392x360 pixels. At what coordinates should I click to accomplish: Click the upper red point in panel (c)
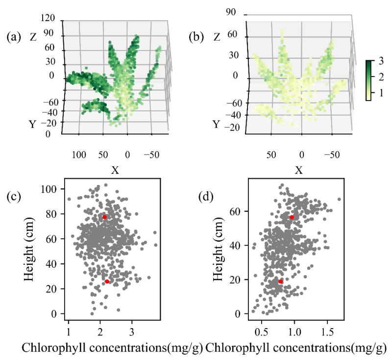point(104,217)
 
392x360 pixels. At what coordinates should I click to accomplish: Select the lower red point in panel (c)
point(107,282)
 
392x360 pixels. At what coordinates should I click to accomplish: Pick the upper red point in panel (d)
point(292,217)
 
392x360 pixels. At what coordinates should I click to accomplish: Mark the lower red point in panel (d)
point(281,282)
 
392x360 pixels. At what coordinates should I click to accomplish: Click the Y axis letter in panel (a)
point(32,125)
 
